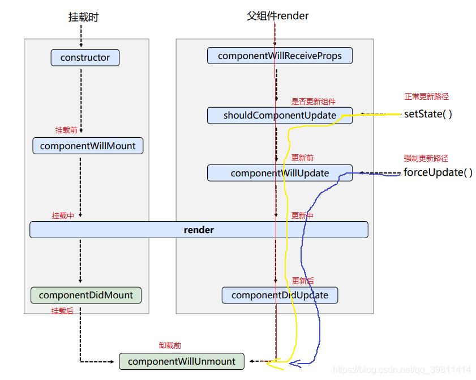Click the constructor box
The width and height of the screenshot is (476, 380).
pyautogui.click(x=85, y=57)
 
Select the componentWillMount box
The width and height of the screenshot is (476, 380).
pyautogui.click(x=88, y=146)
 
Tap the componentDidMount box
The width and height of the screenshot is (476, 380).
pyautogui.click(x=86, y=295)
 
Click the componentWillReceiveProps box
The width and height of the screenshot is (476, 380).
pyautogui.click(x=280, y=56)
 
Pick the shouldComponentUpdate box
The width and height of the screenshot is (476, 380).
pyautogui.click(x=280, y=115)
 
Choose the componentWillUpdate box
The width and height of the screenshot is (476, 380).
pyautogui.click(x=280, y=173)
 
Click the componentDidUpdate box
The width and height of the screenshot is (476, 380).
pyautogui.click(x=280, y=295)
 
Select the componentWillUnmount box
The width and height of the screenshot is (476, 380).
pyautogui.click(x=182, y=361)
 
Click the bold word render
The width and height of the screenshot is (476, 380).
pyautogui.click(x=199, y=230)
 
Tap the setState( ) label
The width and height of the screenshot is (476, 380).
pyautogui.click(x=428, y=114)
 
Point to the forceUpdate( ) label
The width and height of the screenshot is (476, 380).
pyautogui.click(x=438, y=172)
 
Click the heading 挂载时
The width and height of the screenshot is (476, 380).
pyautogui.click(x=83, y=17)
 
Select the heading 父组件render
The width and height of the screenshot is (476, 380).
pyautogui.click(x=277, y=16)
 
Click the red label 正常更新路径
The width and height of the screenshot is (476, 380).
pyautogui.click(x=427, y=97)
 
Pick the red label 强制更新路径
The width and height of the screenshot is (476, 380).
pyautogui.click(x=426, y=158)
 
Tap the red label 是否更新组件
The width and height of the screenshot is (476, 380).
pyautogui.click(x=314, y=102)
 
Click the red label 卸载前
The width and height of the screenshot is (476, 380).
pyautogui.click(x=170, y=345)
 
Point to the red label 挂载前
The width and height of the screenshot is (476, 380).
pyautogui.click(x=66, y=130)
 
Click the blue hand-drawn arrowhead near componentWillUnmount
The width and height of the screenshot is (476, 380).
pyautogui.click(x=294, y=364)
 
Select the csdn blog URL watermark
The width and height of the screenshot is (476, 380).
pyautogui.click(x=402, y=370)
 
